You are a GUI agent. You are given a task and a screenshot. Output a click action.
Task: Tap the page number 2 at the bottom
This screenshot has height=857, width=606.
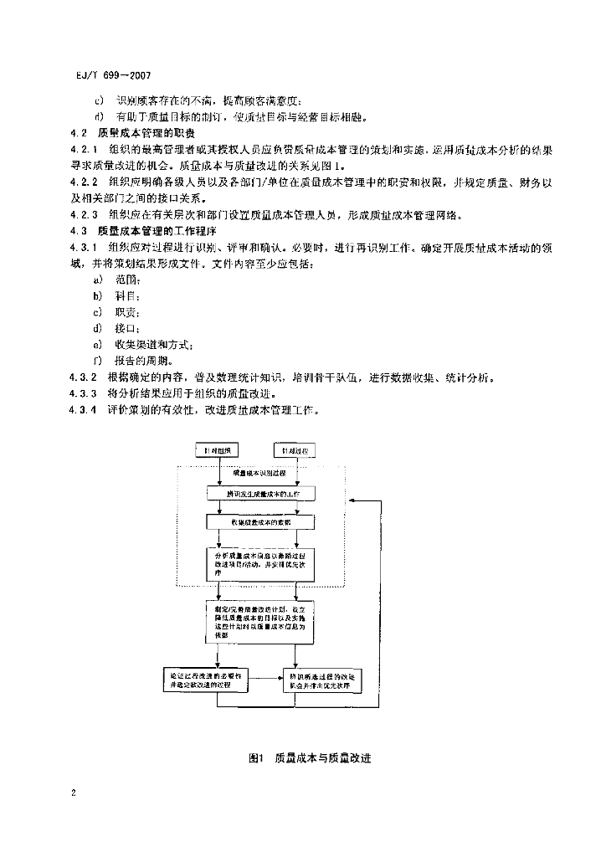click(x=73, y=792)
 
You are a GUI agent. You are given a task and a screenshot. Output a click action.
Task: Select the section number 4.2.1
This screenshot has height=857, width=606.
click(x=83, y=148)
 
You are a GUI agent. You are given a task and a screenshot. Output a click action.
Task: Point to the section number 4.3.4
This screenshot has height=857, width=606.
click(x=83, y=409)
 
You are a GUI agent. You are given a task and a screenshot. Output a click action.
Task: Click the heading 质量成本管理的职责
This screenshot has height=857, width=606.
click(x=146, y=133)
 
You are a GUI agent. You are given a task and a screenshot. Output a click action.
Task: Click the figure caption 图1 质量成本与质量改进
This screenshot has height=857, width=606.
click(x=310, y=758)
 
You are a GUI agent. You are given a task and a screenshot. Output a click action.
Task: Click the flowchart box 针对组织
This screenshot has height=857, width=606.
click(x=218, y=451)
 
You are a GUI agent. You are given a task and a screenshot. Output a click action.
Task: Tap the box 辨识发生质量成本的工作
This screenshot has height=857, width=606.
click(x=259, y=495)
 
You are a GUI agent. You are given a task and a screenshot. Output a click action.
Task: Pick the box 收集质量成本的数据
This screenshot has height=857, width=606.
click(x=259, y=521)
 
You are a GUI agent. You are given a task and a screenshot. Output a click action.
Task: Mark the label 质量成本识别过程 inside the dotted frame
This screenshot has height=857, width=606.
click(x=259, y=474)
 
